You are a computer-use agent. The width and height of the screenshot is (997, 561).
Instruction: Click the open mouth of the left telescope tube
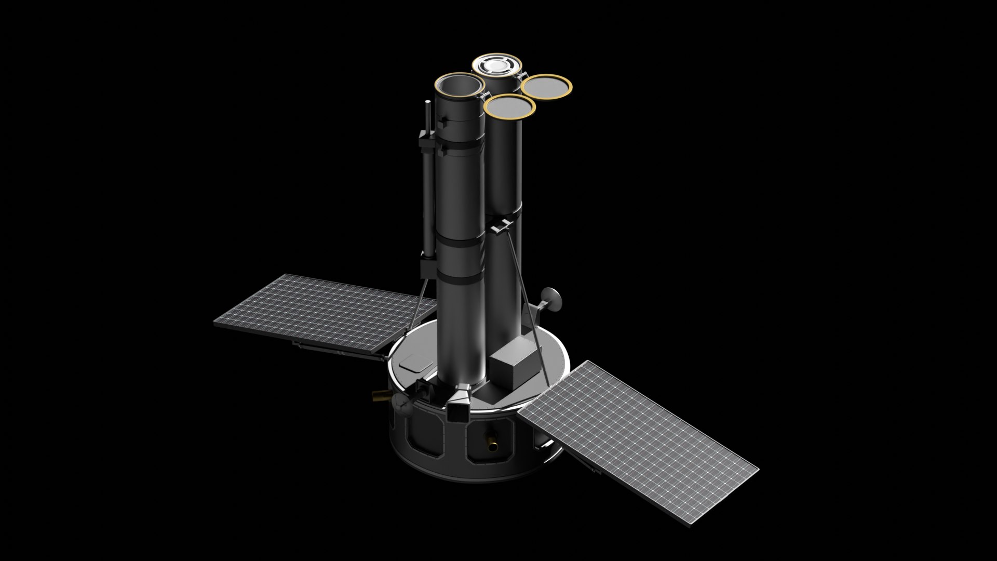460,86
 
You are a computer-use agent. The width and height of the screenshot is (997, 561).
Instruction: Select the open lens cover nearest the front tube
509,106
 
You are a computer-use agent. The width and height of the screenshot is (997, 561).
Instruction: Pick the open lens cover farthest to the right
546,86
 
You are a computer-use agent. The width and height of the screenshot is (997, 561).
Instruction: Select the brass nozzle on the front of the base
491,442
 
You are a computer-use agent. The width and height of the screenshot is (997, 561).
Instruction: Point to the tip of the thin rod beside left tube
427,104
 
